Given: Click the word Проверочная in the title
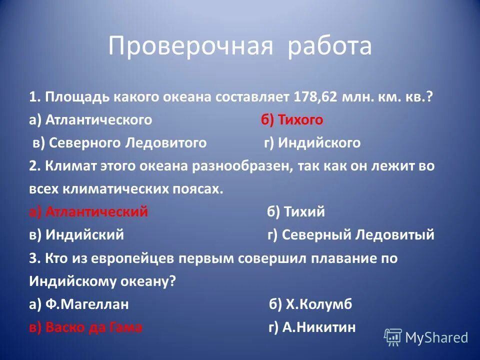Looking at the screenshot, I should coord(190,46).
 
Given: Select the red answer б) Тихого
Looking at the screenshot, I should coord(291,120).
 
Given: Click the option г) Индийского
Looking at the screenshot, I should coord(312,143).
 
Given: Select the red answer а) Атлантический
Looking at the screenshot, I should coord(88,212).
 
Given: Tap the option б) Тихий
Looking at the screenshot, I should coord(296,212).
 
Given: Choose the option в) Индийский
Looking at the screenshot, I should coord(76,235).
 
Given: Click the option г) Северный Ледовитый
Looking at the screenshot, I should coord(351,235).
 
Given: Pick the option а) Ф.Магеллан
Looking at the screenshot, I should coord(79,304).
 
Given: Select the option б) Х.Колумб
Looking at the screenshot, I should coord(310,304).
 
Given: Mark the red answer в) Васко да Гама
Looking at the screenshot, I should coord(85,327).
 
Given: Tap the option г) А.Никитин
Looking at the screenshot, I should coord(312,327).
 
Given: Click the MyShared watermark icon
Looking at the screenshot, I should coord(393,337).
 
